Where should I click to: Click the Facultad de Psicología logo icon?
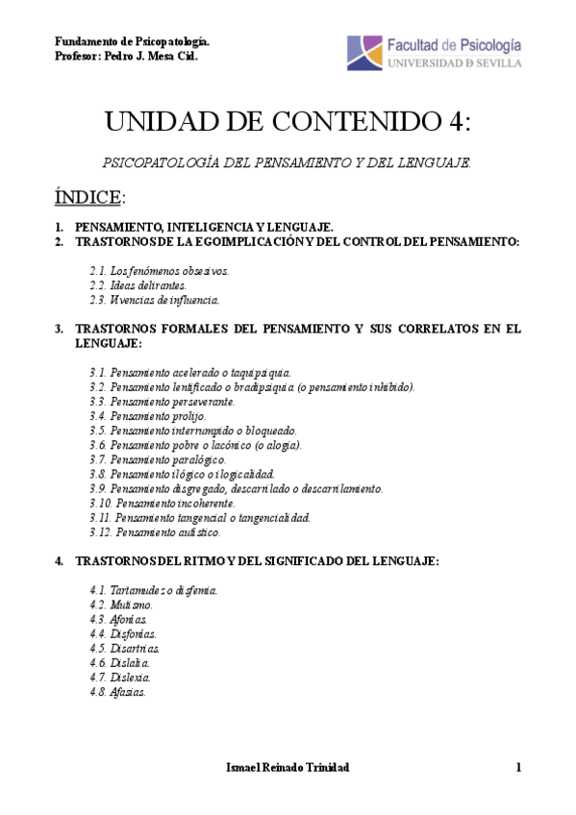[364, 53]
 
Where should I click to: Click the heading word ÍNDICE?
[88, 197]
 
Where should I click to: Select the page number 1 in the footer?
[517, 767]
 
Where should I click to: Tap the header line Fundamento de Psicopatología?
[132, 42]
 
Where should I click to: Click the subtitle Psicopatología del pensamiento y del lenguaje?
[288, 163]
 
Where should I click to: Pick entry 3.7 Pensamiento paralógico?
[158, 459]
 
